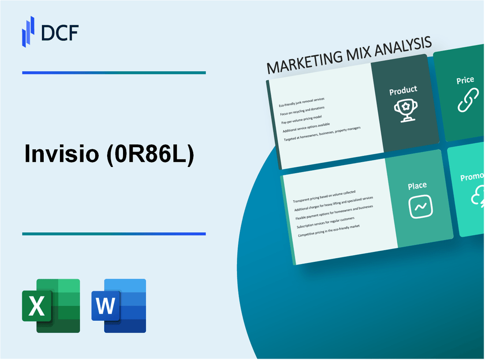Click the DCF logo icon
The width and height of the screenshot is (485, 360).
click(28, 31)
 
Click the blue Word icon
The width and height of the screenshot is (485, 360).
click(119, 305)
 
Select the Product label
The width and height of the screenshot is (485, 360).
click(403, 90)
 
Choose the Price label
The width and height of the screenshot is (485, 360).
click(465, 80)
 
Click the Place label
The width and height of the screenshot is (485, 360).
click(417, 186)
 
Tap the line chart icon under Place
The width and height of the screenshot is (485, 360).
click(421, 206)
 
